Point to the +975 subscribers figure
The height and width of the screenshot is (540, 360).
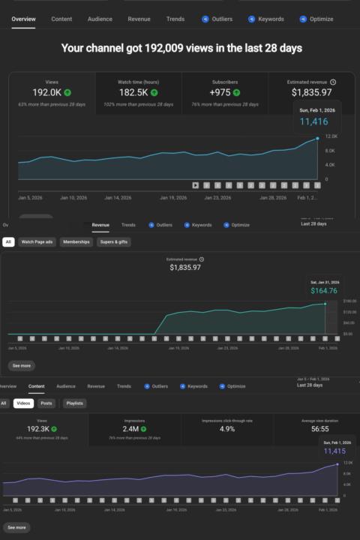tap(221, 92)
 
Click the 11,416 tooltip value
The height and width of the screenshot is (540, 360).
tap(315, 121)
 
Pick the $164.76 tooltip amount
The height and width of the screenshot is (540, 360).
tap(324, 291)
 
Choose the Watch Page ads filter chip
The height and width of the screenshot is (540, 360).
tap(37, 242)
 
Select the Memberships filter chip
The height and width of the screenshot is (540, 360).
tap(76, 242)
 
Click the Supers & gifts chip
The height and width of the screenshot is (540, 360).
tap(112, 242)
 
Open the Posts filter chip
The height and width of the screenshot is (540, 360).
tap(46, 403)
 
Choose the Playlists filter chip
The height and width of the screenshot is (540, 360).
tap(74, 403)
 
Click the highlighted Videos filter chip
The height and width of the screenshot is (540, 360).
tap(23, 403)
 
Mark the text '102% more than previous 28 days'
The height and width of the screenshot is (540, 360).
tap(139, 103)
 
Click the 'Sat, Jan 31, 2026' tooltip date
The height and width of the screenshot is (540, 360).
tap(324, 282)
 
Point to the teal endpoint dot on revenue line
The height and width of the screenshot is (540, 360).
tap(325, 304)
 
